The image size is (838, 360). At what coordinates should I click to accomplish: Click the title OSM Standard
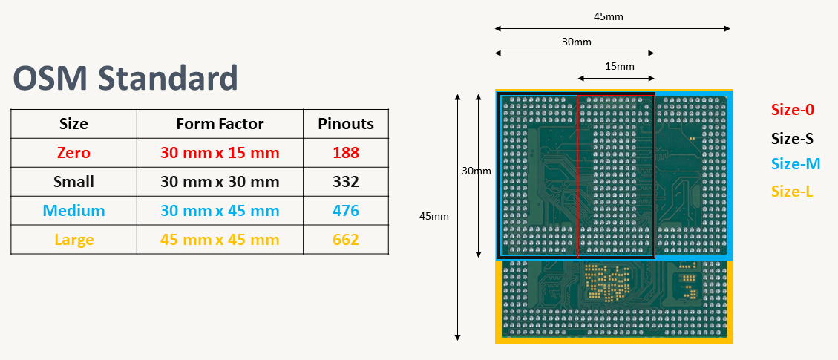(125, 78)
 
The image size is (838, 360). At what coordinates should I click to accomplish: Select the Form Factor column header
(220, 124)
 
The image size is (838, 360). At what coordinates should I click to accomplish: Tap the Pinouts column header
(346, 124)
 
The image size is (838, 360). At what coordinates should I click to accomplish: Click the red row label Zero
(73, 153)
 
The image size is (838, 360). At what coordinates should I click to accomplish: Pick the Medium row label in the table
(73, 211)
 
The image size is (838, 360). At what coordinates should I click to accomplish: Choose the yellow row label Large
(73, 240)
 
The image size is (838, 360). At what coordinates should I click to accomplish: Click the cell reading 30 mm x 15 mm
(220, 153)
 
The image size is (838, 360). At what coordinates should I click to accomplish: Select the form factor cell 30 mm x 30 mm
(220, 182)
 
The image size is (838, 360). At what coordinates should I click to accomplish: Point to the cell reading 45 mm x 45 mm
(220, 240)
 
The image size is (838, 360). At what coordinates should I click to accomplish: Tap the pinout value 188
(346, 153)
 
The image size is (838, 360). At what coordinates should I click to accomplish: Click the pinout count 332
(346, 182)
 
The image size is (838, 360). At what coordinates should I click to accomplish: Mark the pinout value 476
(346, 211)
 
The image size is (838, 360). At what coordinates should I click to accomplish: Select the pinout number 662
(346, 240)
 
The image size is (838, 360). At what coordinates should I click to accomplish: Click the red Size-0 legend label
(792, 110)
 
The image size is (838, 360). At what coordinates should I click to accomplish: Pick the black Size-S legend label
(792, 138)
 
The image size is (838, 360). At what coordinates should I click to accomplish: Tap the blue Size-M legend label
(795, 164)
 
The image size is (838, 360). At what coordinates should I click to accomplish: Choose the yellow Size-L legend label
(792, 192)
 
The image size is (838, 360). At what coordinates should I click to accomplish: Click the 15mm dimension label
(619, 66)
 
